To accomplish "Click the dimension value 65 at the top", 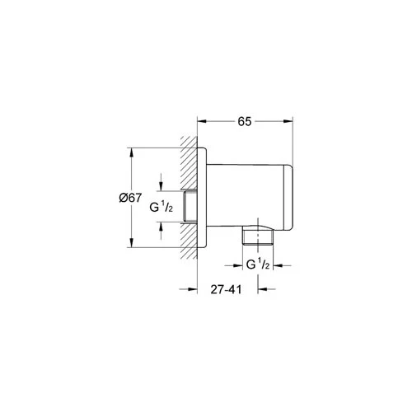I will coord(245,120).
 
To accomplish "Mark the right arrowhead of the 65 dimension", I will coord(291,120).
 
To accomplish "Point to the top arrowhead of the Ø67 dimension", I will coord(130,152).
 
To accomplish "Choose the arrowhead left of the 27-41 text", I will coord(190,288).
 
